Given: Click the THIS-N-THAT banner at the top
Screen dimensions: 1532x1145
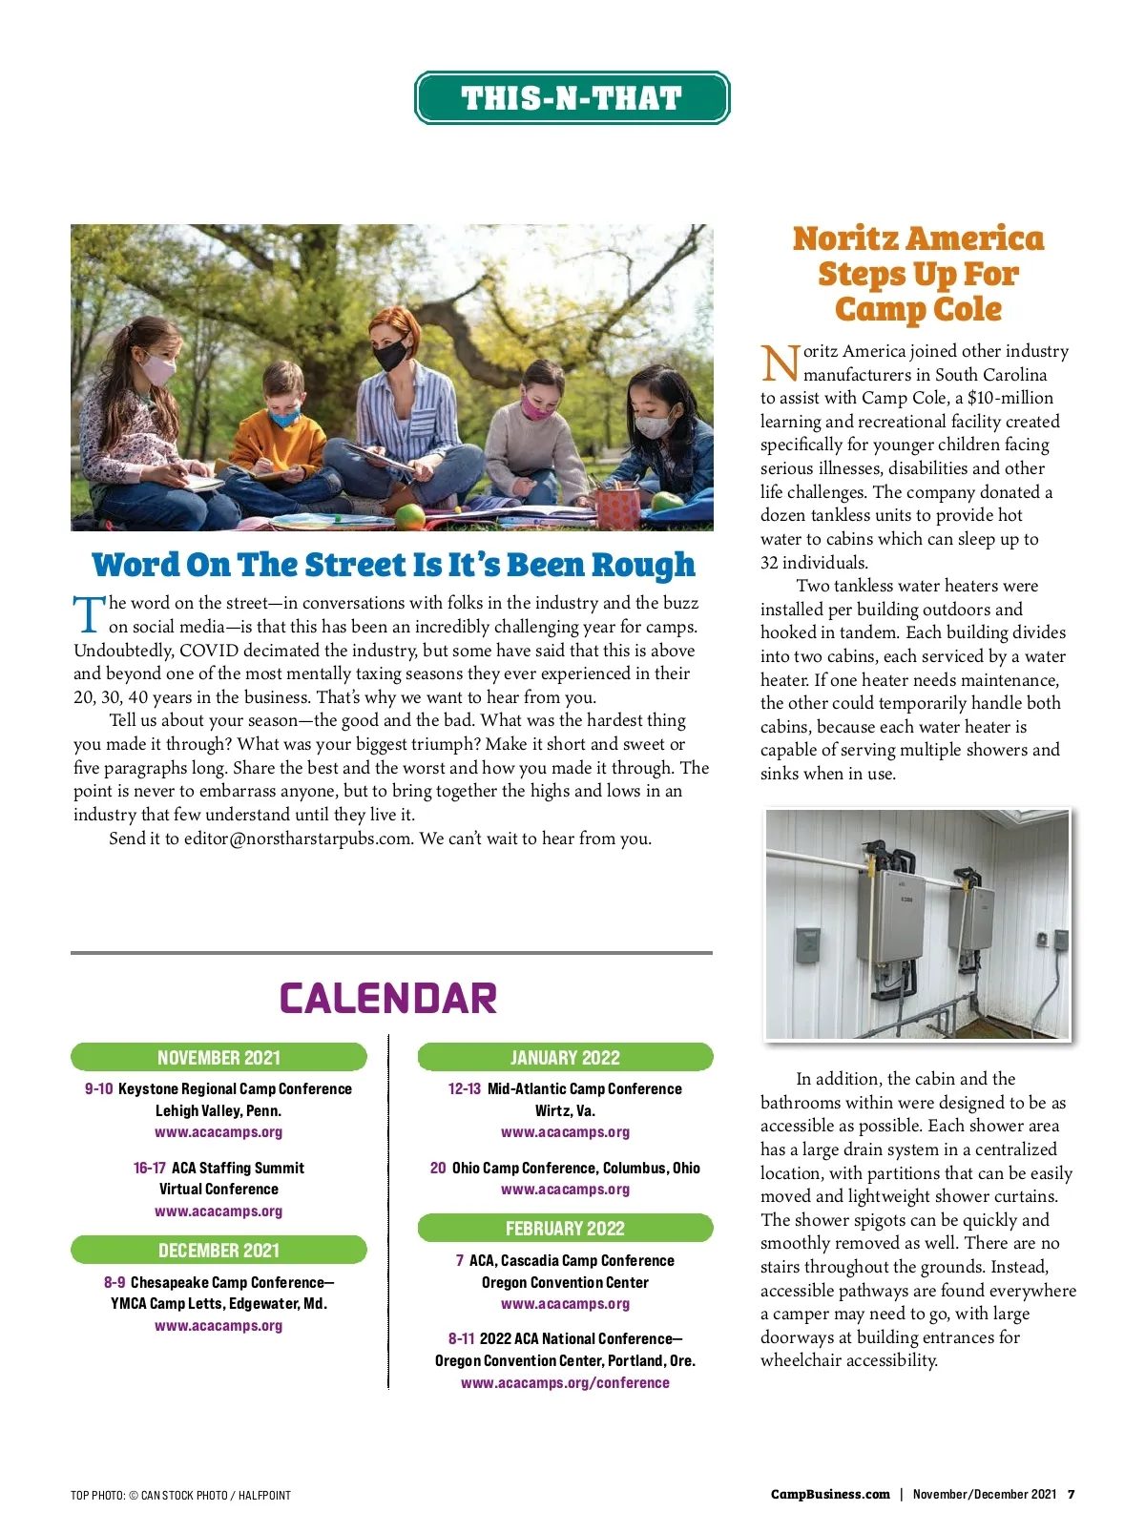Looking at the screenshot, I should click(572, 97).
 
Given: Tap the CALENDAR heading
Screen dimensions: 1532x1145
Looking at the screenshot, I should click(388, 999).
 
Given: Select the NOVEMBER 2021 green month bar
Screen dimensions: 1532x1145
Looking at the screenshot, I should click(219, 1057).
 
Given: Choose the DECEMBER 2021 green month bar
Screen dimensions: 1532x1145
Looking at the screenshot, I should click(219, 1250).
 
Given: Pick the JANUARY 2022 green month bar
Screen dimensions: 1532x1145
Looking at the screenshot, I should click(565, 1057).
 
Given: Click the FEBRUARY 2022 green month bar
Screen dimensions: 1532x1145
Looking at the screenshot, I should click(565, 1228).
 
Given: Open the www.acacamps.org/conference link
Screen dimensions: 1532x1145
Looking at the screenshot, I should click(565, 1382).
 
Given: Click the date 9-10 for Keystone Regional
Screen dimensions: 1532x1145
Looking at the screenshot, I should click(98, 1088).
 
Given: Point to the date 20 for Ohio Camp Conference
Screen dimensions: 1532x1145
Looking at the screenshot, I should click(438, 1168).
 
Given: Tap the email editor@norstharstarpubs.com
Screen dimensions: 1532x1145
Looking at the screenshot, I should click(298, 838).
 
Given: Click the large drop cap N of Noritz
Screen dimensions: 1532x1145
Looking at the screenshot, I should click(780, 362).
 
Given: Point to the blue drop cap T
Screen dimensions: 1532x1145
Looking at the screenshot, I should click(89, 614).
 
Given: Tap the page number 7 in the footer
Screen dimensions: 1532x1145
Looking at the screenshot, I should click(1071, 1494).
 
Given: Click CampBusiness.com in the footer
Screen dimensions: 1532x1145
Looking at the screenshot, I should click(830, 1494).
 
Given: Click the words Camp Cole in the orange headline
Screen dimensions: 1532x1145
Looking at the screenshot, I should click(918, 309).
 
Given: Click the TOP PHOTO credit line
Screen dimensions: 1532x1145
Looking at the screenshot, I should click(180, 1495).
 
